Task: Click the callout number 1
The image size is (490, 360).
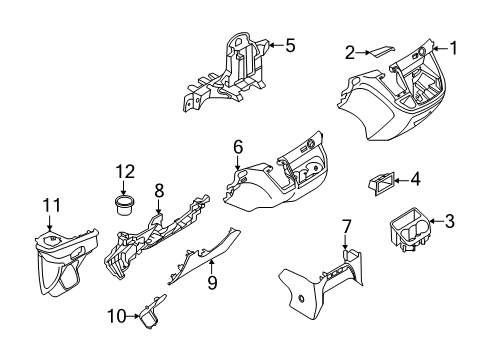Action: pos(453,46)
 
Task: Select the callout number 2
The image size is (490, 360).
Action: pos(350,52)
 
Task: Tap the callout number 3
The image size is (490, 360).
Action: pos(451,222)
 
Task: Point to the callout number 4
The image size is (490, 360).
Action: pos(416,180)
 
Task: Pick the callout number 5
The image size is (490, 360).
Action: pos(290,44)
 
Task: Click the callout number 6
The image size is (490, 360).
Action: pos(238,147)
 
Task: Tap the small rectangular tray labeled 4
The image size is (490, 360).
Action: pos(381,181)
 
